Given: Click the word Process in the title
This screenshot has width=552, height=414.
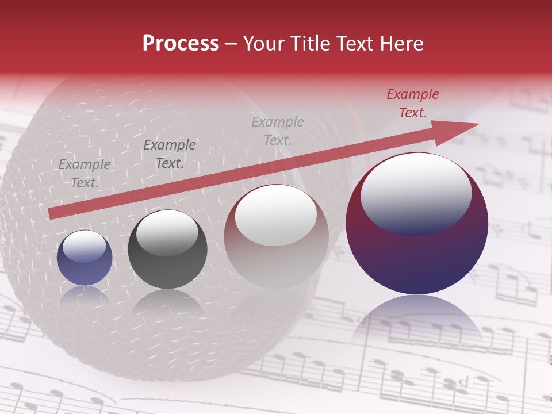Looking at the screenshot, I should tap(181, 44).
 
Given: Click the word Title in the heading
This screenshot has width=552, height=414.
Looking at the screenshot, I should tap(311, 44).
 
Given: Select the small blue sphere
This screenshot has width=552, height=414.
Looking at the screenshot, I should tap(85, 258).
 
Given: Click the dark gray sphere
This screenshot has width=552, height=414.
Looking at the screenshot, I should tap(167, 250).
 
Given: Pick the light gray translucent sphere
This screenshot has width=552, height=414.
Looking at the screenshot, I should tap(276, 237).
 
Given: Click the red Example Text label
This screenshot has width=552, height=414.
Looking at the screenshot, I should tap(413, 103).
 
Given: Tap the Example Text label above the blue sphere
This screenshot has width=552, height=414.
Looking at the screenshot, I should tap(85, 174).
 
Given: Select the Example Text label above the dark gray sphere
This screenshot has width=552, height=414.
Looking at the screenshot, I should tap(170, 154).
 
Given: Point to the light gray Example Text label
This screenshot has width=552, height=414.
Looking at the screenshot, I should tap(278, 131).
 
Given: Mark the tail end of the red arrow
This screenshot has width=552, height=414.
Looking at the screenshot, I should tap(53, 213).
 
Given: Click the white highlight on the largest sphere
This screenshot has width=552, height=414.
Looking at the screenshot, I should tap(416, 192).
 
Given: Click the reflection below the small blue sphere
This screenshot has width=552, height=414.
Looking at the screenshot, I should tap(85, 294).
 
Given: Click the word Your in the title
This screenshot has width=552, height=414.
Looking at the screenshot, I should tap(264, 44).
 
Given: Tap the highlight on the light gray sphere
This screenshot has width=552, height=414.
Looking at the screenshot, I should tap(276, 215).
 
